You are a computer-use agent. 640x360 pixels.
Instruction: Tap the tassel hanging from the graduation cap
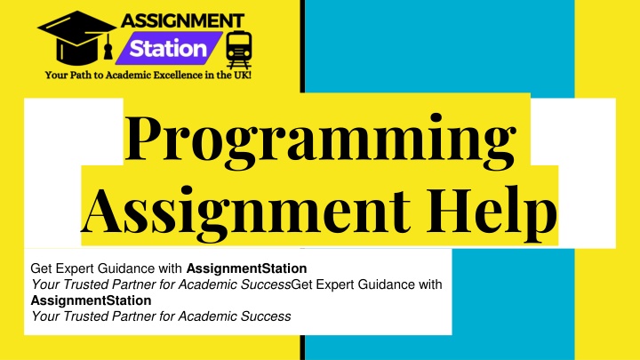(x=108, y=47)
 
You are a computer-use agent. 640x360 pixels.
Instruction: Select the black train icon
(x=239, y=49)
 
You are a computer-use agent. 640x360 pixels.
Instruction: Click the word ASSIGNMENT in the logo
(x=182, y=20)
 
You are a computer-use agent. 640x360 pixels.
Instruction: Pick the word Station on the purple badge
(x=168, y=49)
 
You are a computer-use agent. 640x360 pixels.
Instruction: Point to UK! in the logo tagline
(x=242, y=75)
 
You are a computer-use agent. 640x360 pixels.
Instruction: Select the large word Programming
(x=320, y=140)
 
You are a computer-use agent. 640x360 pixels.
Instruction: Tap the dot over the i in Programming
(x=436, y=118)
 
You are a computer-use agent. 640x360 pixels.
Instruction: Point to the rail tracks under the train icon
(x=239, y=64)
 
